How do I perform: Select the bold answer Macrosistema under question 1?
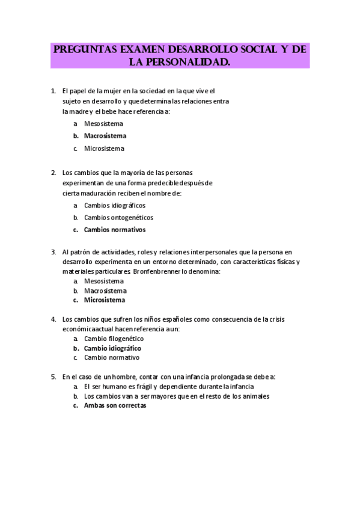105,136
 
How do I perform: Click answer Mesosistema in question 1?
103,123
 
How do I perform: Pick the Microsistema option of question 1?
104,148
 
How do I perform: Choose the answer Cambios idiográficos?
114,205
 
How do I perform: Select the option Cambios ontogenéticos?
118,217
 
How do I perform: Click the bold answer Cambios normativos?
114,229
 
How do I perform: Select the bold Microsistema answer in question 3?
105,300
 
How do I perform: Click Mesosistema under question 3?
103,281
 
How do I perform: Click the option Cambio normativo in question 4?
111,357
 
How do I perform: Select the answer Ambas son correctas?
115,405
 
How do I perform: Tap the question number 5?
53,376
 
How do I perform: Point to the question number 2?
53,172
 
